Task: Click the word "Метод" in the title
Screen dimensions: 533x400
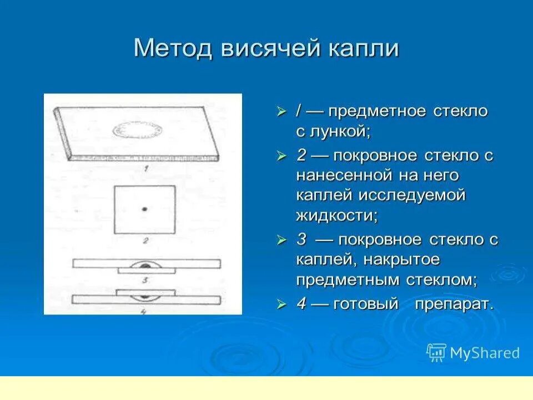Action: coord(173,49)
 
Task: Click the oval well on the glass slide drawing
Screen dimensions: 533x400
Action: coord(139,129)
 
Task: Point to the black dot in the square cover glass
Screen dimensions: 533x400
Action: coord(144,209)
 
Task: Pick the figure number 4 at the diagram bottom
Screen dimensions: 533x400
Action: coord(144,312)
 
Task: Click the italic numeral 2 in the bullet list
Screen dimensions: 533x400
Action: coord(301,155)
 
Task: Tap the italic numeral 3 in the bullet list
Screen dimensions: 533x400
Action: coord(301,240)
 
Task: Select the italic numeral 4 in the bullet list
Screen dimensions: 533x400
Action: coord(301,304)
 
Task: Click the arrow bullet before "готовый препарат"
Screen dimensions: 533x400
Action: coord(282,304)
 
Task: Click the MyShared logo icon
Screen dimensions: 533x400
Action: coord(436,352)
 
